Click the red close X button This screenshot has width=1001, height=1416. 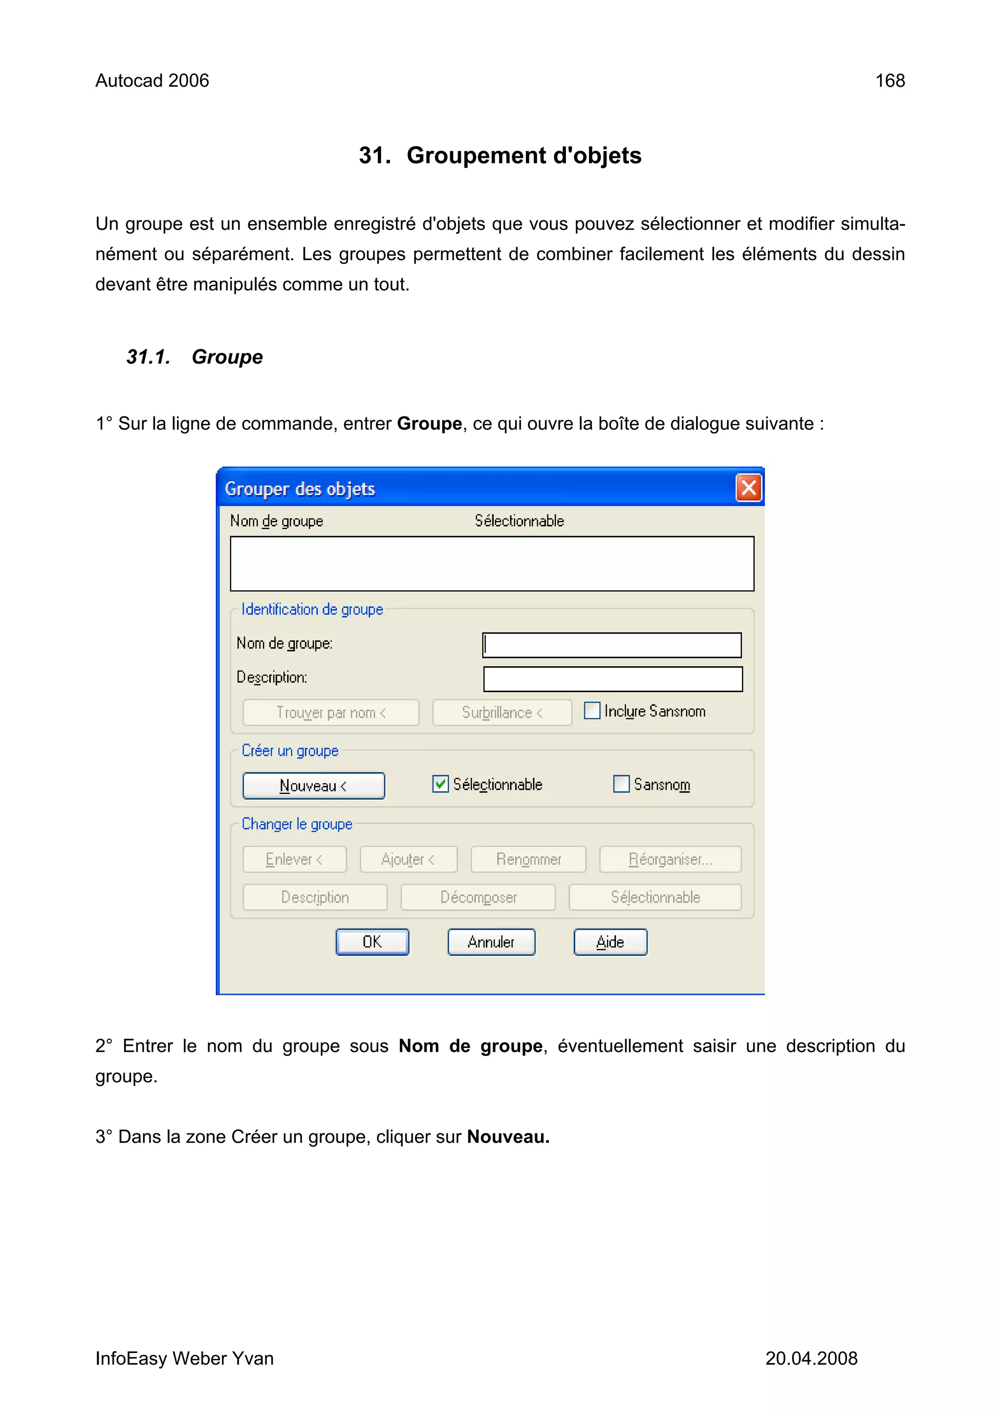click(748, 488)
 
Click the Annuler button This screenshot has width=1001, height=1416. click(491, 942)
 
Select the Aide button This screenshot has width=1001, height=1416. click(610, 942)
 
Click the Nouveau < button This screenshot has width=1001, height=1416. click(313, 785)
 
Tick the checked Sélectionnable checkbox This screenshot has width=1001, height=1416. click(440, 784)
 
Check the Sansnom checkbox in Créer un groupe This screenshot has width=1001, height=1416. click(621, 784)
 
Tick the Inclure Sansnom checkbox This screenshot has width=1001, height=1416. click(591, 711)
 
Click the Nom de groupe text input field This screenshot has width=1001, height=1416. click(612, 645)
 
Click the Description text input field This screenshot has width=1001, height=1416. click(612, 679)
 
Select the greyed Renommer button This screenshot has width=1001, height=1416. click(528, 859)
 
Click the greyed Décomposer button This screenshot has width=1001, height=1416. click(478, 897)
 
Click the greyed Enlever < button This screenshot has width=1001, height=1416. click(294, 859)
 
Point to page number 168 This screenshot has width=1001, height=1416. click(890, 81)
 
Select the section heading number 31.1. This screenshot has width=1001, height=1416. click(148, 357)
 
